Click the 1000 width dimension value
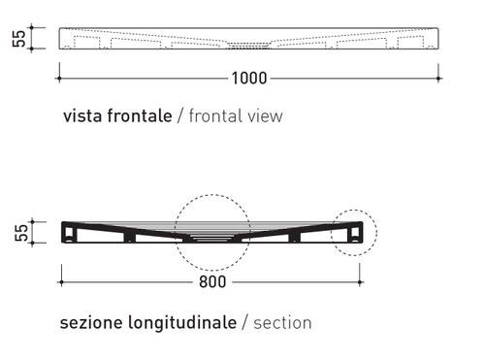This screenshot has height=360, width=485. tap(250, 78)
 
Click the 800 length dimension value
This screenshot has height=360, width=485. tap(211, 282)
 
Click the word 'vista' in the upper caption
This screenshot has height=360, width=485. tap(82, 116)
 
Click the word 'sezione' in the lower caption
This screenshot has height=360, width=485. tap(88, 321)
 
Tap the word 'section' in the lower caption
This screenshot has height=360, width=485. tap(282, 321)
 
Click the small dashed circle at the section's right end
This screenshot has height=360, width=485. tap(353, 234)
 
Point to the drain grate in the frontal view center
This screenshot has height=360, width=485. tap(250, 44)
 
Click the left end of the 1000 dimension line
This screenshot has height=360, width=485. tap(60, 78)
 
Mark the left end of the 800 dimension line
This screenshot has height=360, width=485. tap(61, 282)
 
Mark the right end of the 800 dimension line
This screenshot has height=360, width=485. tap(363, 282)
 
